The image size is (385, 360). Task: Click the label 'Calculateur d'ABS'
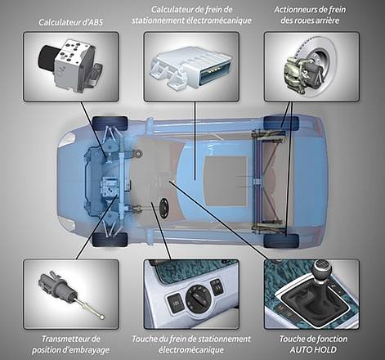pos(71,22)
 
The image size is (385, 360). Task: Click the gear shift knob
pos(322,269)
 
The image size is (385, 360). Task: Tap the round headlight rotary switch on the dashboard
pos(199,298)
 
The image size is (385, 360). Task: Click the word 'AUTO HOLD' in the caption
pos(313,349)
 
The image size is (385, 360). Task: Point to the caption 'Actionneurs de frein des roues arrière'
pos(310,15)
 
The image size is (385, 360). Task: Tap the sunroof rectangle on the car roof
pos(226,181)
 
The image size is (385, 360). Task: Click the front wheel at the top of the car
pos(110,124)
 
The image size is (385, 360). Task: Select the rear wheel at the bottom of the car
pos(281,241)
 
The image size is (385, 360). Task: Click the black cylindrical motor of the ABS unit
pos(47,57)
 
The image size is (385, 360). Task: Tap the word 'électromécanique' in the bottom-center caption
pos(191,349)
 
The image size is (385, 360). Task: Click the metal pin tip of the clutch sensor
pos(102,317)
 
